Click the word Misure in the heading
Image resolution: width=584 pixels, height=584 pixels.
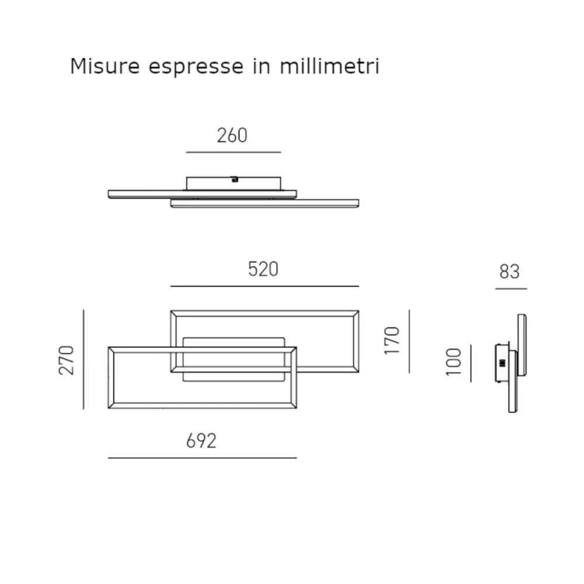pyautogui.click(x=105, y=66)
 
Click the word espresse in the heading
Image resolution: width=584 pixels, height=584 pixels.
pyautogui.click(x=196, y=67)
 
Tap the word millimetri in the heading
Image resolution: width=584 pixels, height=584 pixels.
pyautogui.click(x=330, y=66)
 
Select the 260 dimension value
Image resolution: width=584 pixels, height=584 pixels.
pyautogui.click(x=232, y=135)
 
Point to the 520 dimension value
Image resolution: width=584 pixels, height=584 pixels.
pyautogui.click(x=263, y=269)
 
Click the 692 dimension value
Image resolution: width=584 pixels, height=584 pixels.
pyautogui.click(x=201, y=441)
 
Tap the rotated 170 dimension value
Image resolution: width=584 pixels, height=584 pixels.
pyautogui.click(x=392, y=341)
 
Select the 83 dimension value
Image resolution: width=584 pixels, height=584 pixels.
pyautogui.click(x=510, y=272)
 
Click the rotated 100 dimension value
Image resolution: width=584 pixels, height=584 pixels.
pyautogui.click(x=454, y=362)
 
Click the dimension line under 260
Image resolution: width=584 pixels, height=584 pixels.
pyautogui.click(x=234, y=152)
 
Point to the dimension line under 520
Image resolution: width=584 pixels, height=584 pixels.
pyautogui.click(x=265, y=286)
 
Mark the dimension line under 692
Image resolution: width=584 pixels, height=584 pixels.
pyautogui.click(x=202, y=458)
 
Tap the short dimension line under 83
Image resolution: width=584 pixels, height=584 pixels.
pyautogui.click(x=511, y=288)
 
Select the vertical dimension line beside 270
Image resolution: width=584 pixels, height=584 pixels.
pyautogui.click(x=84, y=359)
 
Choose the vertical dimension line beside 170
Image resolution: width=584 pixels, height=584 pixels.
pyautogui.click(x=409, y=341)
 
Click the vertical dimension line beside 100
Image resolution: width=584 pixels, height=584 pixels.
pyautogui.click(x=471, y=363)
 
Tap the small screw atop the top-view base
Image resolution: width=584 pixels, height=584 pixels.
pyautogui.click(x=234, y=179)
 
